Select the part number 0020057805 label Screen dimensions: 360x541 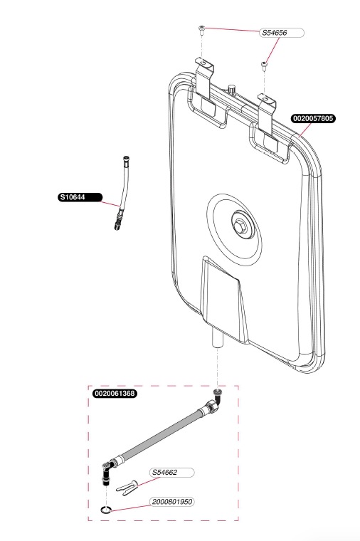[313, 118]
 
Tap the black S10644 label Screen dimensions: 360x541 [80, 197]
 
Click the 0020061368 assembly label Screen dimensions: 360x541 [115, 394]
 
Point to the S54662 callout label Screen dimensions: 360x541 [171, 473]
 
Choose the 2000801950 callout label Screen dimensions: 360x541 [171, 502]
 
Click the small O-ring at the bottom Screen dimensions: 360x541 [106, 509]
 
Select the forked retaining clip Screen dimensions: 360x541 [127, 488]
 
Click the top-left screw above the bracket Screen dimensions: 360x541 [201, 30]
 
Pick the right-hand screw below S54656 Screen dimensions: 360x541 [264, 65]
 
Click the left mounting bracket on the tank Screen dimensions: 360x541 [204, 78]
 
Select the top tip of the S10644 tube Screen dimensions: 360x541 [125, 159]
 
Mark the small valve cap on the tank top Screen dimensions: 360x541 [231, 89]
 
